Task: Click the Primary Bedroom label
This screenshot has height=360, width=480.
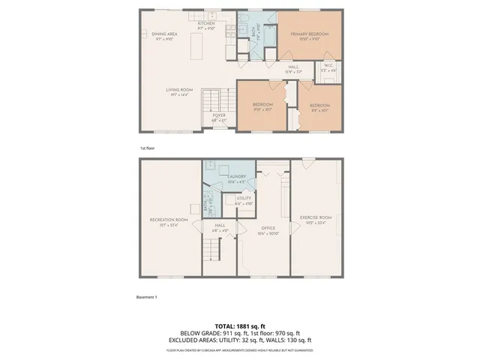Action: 310,35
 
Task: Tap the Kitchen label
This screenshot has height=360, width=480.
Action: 206,24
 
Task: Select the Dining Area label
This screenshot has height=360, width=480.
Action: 164,34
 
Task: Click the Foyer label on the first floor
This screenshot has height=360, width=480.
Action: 218,115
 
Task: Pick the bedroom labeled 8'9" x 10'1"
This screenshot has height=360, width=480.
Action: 319,105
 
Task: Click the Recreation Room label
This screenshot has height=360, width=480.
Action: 168,220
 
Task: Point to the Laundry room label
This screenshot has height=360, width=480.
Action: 237,177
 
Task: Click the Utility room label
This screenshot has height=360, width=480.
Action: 244,199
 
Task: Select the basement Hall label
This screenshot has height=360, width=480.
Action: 219,226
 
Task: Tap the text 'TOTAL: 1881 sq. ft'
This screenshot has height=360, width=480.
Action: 240,325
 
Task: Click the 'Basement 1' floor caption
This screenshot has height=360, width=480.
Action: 147,298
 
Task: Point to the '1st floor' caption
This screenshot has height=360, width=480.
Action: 147,148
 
